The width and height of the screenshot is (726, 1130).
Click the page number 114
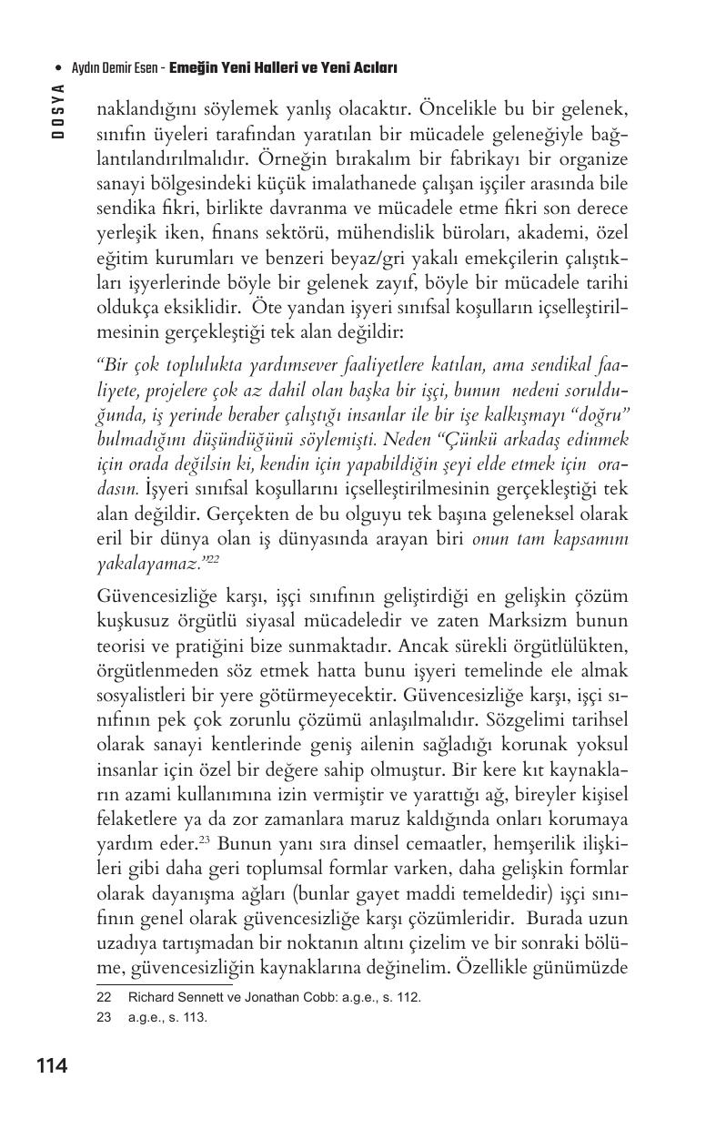pyautogui.click(x=53, y=1065)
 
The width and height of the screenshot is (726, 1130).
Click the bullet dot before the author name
pyautogui.click(x=58, y=68)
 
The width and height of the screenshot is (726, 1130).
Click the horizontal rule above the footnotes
pyautogui.click(x=164, y=983)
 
